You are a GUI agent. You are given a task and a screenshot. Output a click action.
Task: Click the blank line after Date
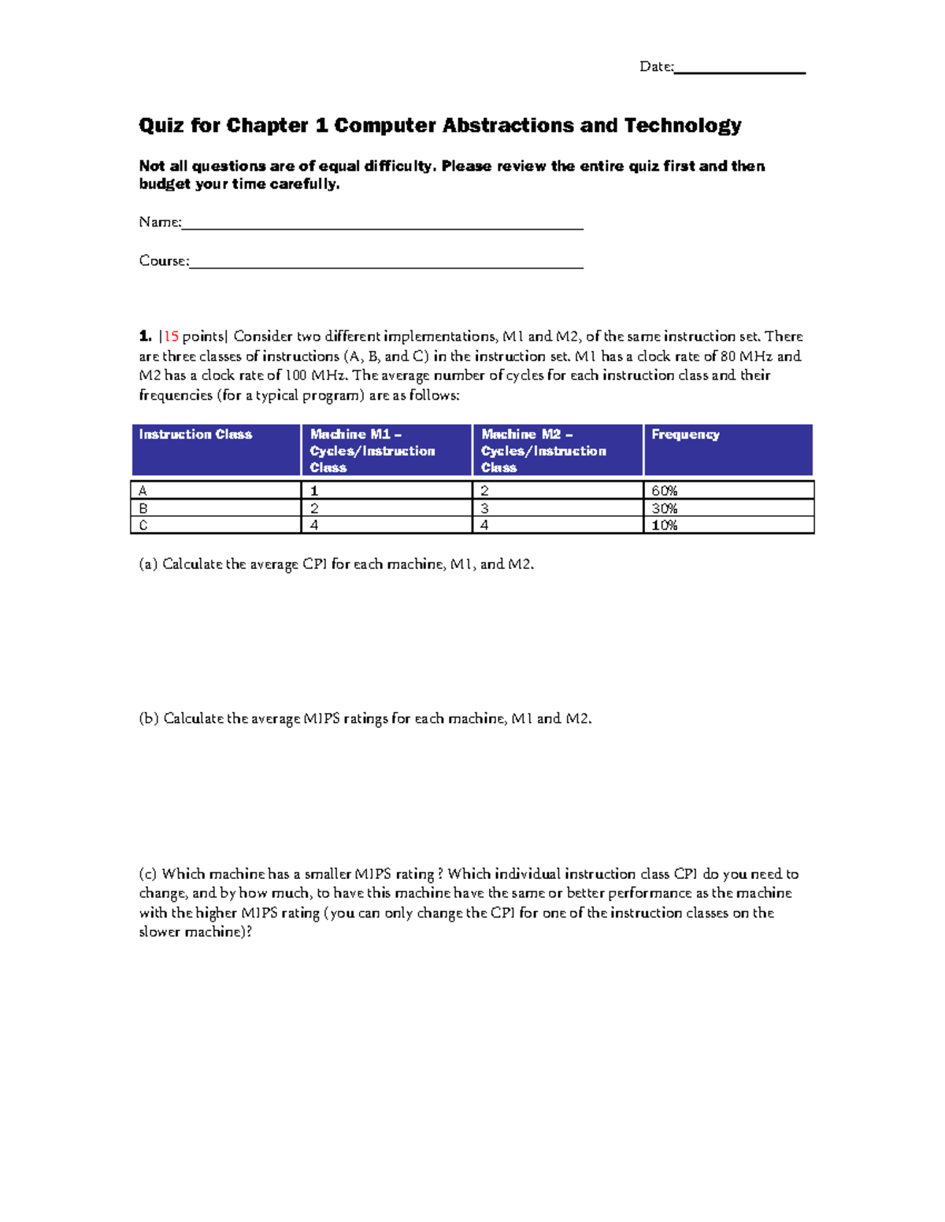tap(739, 71)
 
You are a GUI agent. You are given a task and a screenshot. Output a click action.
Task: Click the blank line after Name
tap(382, 227)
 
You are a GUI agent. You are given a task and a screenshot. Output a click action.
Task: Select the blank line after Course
tap(386, 266)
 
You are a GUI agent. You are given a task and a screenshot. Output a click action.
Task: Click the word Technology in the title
tap(683, 126)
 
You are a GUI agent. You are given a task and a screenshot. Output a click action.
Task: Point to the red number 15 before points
tap(171, 337)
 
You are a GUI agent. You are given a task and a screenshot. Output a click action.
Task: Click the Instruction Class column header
tap(195, 434)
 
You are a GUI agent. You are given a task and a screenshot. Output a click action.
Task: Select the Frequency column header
tap(685, 434)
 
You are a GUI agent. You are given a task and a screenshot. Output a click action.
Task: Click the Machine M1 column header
tap(372, 450)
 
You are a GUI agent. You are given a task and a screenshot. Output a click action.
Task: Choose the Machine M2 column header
tap(543, 450)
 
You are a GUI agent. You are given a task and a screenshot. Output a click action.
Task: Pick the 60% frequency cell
tap(665, 491)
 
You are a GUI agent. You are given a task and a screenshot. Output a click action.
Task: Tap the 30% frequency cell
tap(665, 508)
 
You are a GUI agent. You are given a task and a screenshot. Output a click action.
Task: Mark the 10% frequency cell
tap(665, 526)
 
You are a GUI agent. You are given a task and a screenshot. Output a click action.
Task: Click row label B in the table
tap(143, 508)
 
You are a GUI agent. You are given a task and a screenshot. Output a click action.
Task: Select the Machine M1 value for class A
tap(314, 491)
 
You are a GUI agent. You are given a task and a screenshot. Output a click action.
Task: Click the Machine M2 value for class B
tap(485, 508)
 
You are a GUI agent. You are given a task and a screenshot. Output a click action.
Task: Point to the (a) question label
tap(148, 564)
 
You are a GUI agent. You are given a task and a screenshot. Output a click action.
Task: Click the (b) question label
tap(149, 718)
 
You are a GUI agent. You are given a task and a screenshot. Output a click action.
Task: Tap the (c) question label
tap(148, 874)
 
